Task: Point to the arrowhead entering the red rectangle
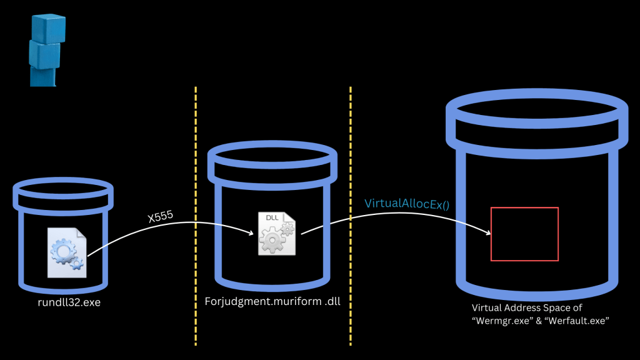[487, 233]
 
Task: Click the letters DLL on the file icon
[272, 218]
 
